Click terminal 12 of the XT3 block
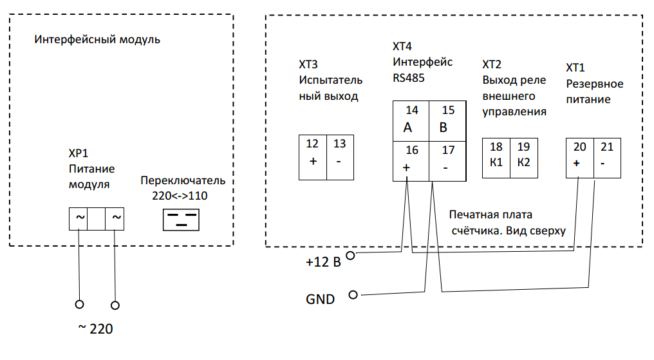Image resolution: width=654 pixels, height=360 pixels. [312, 157]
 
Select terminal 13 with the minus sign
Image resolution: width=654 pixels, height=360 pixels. [340, 157]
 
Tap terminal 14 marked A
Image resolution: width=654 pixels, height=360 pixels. [411, 121]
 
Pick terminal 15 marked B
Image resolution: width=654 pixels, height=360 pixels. [447, 121]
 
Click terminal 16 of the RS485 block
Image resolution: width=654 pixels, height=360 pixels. [411, 161]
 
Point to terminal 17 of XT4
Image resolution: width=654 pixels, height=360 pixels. [447, 161]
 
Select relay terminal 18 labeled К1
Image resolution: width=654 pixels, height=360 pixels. [496, 158]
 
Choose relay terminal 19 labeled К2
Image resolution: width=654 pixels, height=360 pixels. [524, 158]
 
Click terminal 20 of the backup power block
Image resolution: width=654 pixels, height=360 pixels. [580, 158]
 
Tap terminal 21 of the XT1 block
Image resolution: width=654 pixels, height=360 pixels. [607, 158]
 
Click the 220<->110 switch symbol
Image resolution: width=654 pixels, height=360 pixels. [181, 220]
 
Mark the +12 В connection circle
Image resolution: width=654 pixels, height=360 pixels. [351, 255]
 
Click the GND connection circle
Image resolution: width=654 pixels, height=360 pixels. [353, 295]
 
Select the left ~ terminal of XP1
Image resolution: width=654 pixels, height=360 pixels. [79, 219]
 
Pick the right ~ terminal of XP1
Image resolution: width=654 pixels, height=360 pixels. [115, 219]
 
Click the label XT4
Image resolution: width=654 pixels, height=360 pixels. [402, 46]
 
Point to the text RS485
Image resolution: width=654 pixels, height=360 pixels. [409, 78]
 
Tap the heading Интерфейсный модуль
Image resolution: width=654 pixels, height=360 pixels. [97, 40]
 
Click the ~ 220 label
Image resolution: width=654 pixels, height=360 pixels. [95, 328]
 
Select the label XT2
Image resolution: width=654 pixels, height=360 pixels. [492, 64]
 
